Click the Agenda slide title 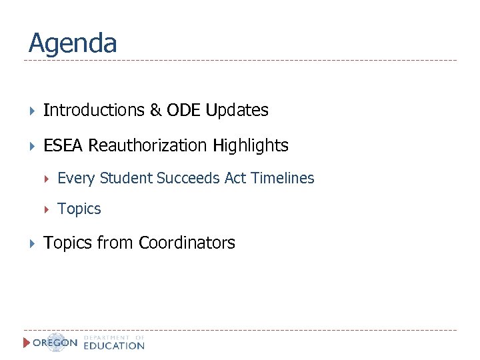coord(73,44)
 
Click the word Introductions coord(93,111)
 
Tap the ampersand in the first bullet coord(156,111)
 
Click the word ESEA coord(63,145)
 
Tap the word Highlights coord(251,146)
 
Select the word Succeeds coord(182,178)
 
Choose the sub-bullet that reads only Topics coord(79,209)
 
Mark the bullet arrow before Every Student coord(47,179)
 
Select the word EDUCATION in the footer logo coord(114,346)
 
